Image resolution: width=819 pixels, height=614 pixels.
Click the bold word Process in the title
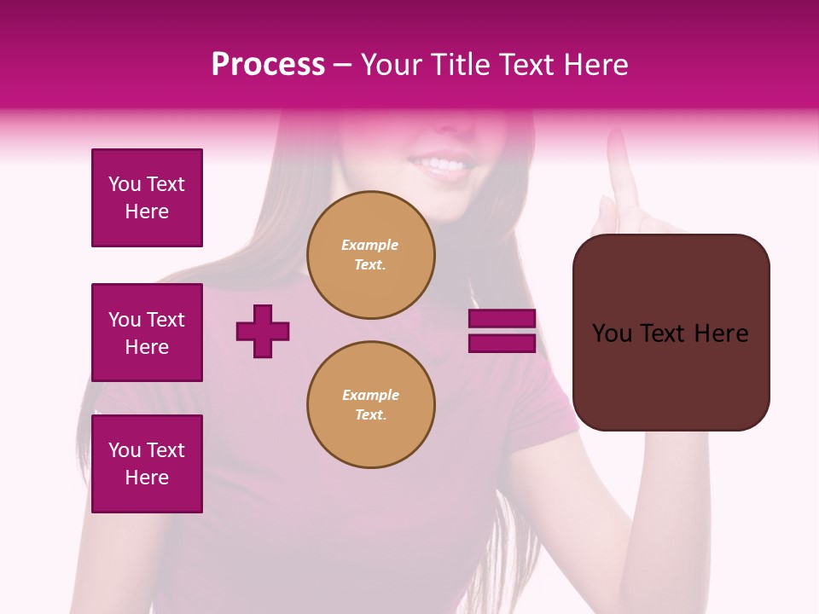click(x=268, y=65)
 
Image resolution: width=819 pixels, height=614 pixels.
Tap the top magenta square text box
click(x=147, y=198)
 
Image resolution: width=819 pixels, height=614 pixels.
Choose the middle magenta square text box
click(x=147, y=333)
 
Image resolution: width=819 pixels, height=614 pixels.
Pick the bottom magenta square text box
click(x=147, y=464)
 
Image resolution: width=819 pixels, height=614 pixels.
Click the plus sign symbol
click(x=263, y=331)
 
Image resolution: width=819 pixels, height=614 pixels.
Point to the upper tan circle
click(x=371, y=255)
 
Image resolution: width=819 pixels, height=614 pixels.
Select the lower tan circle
click(x=371, y=405)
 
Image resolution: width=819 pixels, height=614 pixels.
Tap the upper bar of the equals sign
click(x=502, y=319)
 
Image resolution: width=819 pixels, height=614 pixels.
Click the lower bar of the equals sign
click(x=502, y=344)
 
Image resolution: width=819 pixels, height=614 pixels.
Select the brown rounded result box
click(x=671, y=333)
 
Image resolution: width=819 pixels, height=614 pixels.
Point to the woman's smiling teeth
click(x=444, y=163)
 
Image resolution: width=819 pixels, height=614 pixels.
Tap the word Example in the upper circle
click(x=369, y=245)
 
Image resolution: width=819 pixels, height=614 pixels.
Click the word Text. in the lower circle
click(x=370, y=415)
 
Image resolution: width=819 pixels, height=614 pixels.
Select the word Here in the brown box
click(x=721, y=333)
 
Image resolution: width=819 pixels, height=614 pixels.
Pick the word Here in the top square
click(x=147, y=211)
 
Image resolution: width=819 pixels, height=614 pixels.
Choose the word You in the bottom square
click(x=125, y=450)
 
